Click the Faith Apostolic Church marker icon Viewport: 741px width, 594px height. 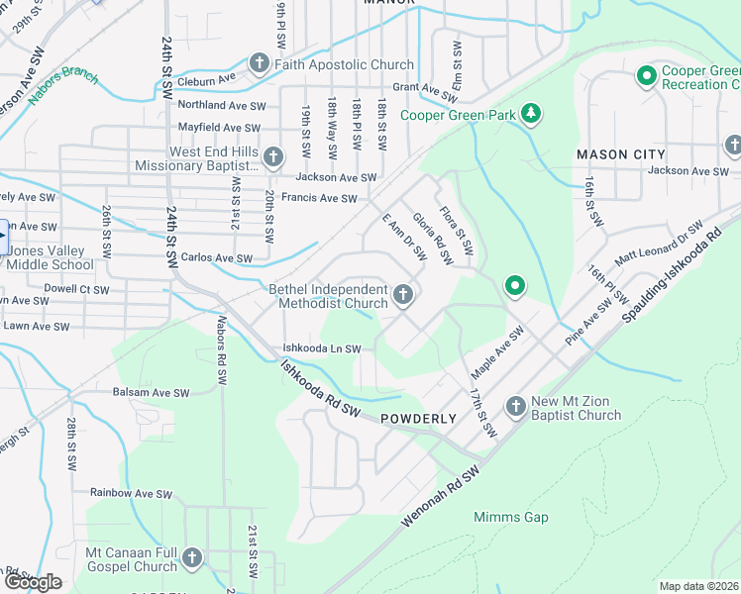259,65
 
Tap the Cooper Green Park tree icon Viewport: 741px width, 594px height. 532,115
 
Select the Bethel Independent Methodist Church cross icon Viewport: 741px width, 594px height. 402,295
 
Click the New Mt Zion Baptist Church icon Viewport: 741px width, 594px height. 515,407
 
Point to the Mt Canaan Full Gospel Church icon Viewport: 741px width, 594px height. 192,559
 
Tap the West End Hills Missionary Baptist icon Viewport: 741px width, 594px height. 273,157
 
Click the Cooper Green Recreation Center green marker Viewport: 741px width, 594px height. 647,76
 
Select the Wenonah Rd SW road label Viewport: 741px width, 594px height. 442,498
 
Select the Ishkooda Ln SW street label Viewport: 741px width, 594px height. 321,348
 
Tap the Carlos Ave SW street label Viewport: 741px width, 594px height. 216,257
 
